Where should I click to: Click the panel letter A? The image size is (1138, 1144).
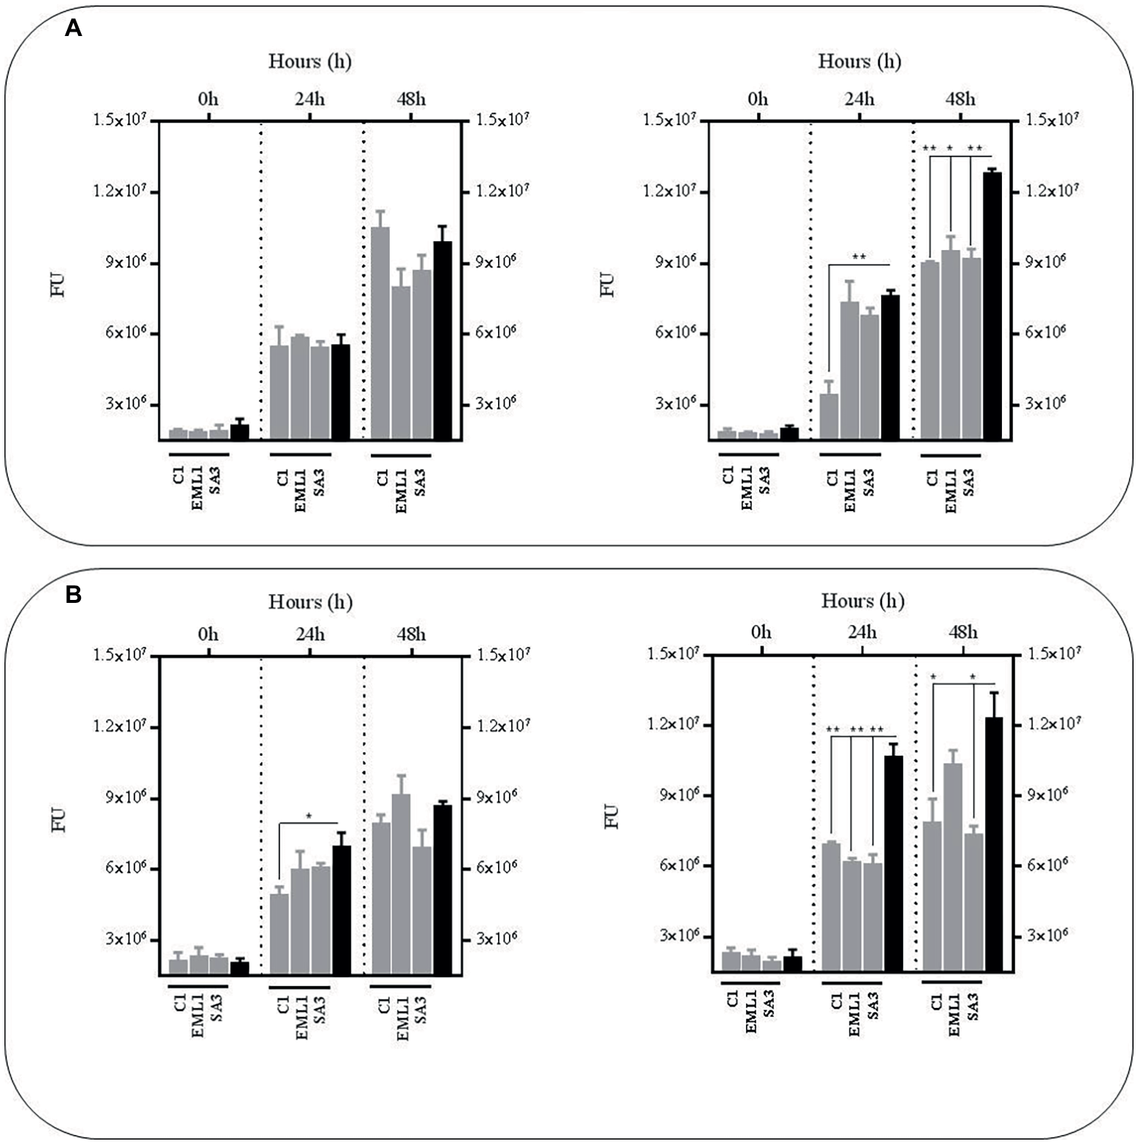74,29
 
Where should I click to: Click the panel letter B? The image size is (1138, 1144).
74,595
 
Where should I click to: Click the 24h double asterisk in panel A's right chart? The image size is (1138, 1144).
858,257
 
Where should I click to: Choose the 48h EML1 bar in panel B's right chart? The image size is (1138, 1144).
953,868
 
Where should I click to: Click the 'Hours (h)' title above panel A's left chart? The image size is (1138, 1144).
310,61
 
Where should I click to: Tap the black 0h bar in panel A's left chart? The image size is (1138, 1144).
239,432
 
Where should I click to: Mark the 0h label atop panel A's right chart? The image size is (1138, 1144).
758,99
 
